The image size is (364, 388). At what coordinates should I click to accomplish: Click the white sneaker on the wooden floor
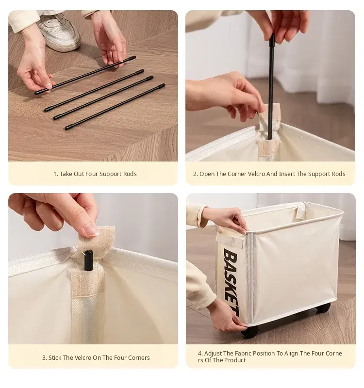coord(59,32)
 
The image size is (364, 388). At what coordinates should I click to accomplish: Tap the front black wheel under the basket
coord(249,332)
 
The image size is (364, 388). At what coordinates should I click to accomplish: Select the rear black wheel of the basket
coord(323,307)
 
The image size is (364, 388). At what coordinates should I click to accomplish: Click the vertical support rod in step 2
coord(271,87)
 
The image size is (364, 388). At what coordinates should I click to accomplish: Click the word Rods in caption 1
coord(130,174)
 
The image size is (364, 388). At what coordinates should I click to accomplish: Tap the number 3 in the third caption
coord(44,358)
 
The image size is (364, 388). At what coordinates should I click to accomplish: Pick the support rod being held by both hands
coord(85,75)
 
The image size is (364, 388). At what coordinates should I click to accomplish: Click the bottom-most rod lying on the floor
coord(115,107)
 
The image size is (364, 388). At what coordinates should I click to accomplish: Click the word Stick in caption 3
coord(55,358)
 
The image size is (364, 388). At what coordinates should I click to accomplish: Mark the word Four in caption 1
coord(91,174)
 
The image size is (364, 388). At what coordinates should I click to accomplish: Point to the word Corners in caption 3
coord(139,358)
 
